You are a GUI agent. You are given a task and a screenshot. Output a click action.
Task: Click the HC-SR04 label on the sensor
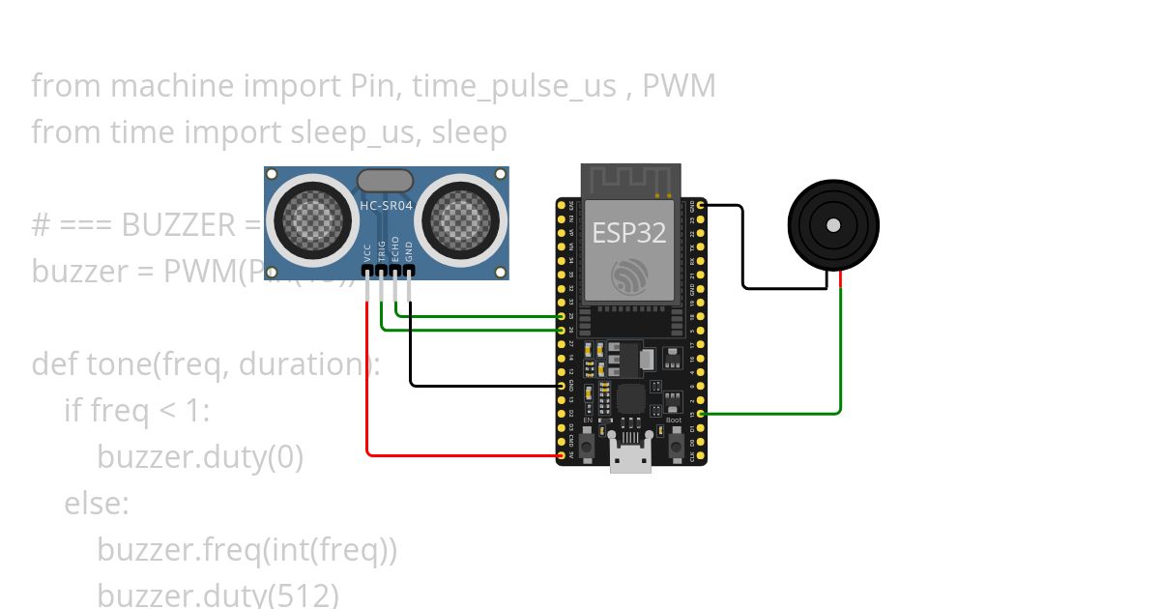click(387, 206)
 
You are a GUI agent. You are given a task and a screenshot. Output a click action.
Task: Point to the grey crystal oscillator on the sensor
click(386, 180)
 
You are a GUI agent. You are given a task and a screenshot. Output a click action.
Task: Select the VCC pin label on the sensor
click(367, 253)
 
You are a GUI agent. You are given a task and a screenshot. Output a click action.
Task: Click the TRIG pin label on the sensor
click(382, 250)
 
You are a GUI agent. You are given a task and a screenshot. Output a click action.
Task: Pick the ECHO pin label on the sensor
click(395, 250)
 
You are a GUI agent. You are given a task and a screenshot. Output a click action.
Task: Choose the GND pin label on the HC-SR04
click(409, 252)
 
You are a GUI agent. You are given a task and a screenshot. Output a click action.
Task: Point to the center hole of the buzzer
click(832, 224)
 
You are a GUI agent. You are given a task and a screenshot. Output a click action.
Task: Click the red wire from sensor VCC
click(367, 387)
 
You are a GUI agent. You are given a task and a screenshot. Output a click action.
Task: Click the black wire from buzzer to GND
click(742, 251)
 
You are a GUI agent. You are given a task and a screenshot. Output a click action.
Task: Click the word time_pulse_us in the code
click(513, 86)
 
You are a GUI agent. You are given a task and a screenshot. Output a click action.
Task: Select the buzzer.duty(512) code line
click(217, 594)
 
